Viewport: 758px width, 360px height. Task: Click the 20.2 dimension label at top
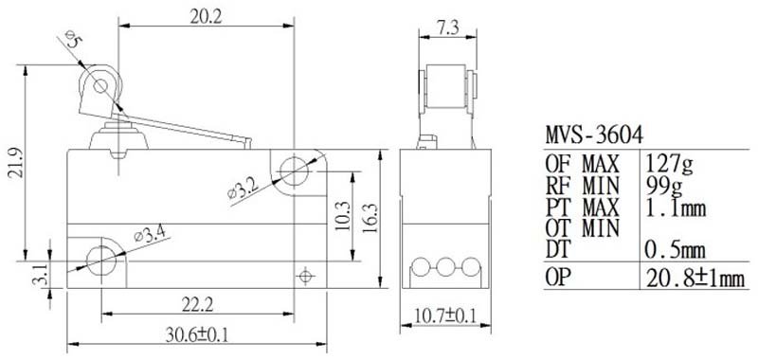point(206,17)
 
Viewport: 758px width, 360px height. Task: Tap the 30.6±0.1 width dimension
point(196,334)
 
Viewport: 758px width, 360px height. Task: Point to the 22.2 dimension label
point(197,305)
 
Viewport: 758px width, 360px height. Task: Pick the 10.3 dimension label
point(342,215)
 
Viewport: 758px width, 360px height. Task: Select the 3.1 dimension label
point(41,276)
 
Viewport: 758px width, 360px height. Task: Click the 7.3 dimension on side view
point(447,28)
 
